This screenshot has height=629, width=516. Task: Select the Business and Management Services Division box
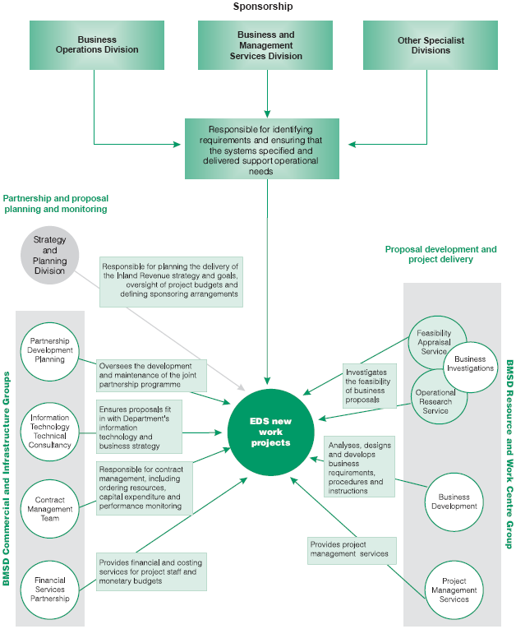(x=266, y=45)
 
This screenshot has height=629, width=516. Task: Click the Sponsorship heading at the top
(x=262, y=7)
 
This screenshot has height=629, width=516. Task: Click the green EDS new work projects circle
(x=270, y=432)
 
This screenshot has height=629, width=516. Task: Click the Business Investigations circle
(x=471, y=364)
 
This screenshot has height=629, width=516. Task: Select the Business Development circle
(x=454, y=502)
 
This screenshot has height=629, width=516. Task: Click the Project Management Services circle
(x=454, y=590)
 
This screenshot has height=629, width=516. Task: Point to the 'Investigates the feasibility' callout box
(x=369, y=386)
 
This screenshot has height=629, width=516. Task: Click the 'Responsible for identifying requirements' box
(x=261, y=149)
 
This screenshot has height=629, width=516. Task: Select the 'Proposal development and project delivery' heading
(x=440, y=254)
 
